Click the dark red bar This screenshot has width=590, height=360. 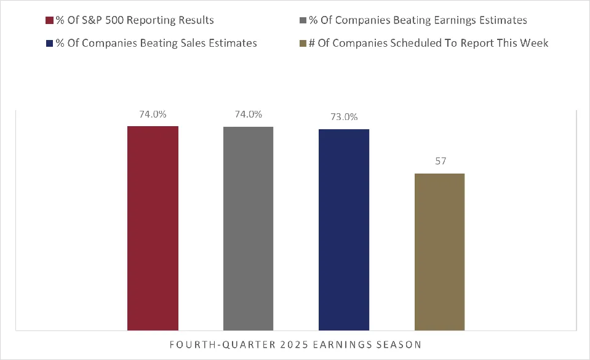(153, 228)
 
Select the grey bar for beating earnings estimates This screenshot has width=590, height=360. (248, 228)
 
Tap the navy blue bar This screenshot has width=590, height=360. (344, 230)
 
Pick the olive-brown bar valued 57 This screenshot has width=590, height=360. (439, 252)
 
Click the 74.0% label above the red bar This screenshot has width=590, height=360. (153, 114)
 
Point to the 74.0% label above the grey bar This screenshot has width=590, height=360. (248, 114)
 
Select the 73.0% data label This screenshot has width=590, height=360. (344, 117)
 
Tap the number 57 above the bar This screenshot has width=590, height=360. (439, 161)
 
